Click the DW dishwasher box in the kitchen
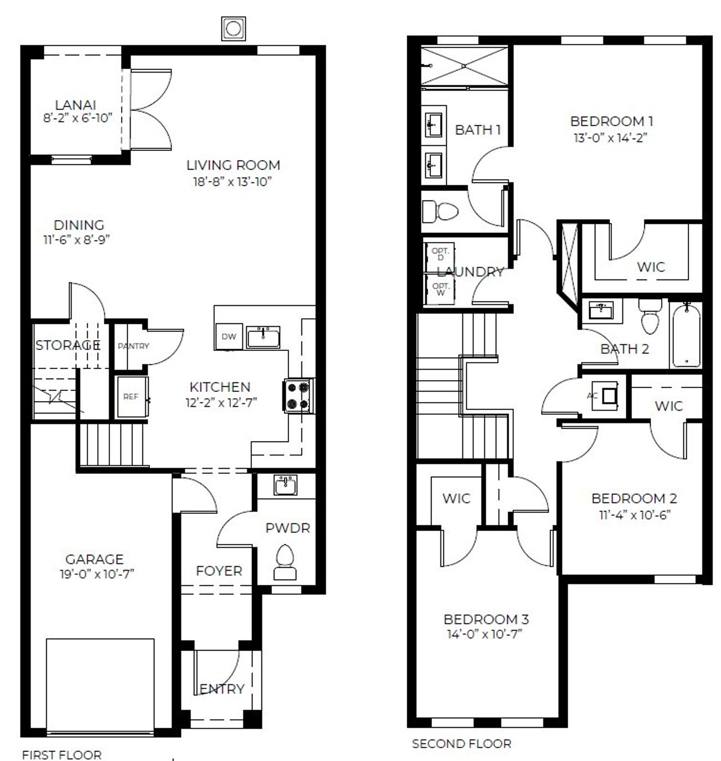click(229, 336)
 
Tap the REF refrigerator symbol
click(132, 397)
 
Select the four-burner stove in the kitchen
click(298, 395)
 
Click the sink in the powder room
click(286, 484)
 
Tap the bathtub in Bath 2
click(686, 334)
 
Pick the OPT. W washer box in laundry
click(439, 290)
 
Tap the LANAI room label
click(75, 105)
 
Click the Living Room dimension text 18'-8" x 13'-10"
click(233, 181)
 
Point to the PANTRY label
click(133, 346)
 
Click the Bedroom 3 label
click(486, 619)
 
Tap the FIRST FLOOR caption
click(61, 754)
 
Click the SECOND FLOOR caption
click(461, 744)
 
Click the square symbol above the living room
click(233, 28)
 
